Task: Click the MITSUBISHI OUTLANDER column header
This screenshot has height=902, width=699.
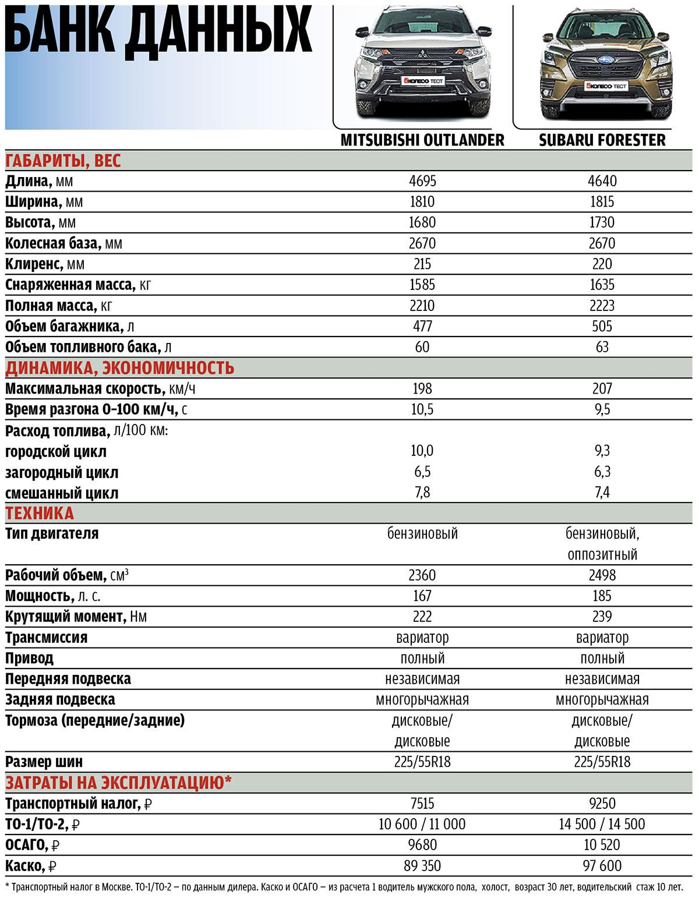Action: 422,140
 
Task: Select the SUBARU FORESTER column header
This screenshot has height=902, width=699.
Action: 602,140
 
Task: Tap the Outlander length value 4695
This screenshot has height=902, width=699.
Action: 422,181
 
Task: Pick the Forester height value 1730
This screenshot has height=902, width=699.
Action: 602,222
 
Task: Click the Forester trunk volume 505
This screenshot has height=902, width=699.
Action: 602,326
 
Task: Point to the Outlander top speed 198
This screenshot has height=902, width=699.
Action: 422,388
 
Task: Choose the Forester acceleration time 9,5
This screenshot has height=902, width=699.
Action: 602,409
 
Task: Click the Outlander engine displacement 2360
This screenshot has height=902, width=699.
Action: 422,575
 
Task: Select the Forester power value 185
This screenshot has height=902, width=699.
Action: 602,596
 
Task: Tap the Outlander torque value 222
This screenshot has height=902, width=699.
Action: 422,617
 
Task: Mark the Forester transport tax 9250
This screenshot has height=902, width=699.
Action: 602,804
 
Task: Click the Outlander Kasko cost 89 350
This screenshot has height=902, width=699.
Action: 422,866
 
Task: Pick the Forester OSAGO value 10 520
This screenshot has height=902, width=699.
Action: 602,845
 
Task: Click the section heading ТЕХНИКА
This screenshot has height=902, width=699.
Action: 40,513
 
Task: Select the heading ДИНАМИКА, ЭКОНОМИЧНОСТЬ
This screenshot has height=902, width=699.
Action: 119,368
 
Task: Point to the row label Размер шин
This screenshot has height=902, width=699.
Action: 44,762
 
